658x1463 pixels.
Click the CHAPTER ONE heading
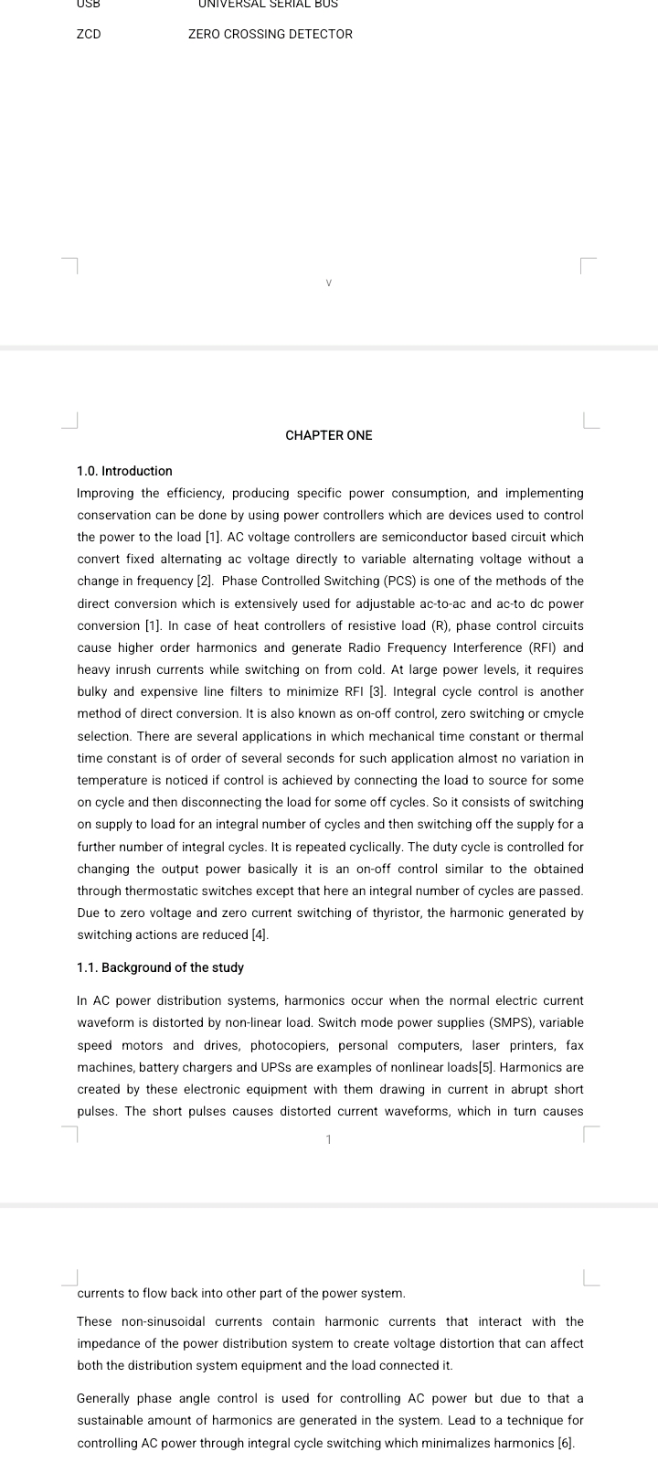tap(329, 435)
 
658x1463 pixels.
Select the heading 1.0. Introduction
tap(124, 471)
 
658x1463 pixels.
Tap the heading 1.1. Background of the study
tap(160, 967)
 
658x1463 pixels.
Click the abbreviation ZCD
tap(89, 34)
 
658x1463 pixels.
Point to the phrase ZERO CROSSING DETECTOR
tap(270, 34)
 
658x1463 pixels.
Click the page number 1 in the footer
tap(329, 1139)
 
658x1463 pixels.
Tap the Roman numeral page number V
tap(329, 283)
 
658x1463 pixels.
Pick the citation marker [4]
tap(260, 934)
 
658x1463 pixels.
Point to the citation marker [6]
tap(566, 1443)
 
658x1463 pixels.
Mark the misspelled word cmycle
tap(563, 714)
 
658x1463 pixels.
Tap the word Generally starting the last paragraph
tap(103, 1399)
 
